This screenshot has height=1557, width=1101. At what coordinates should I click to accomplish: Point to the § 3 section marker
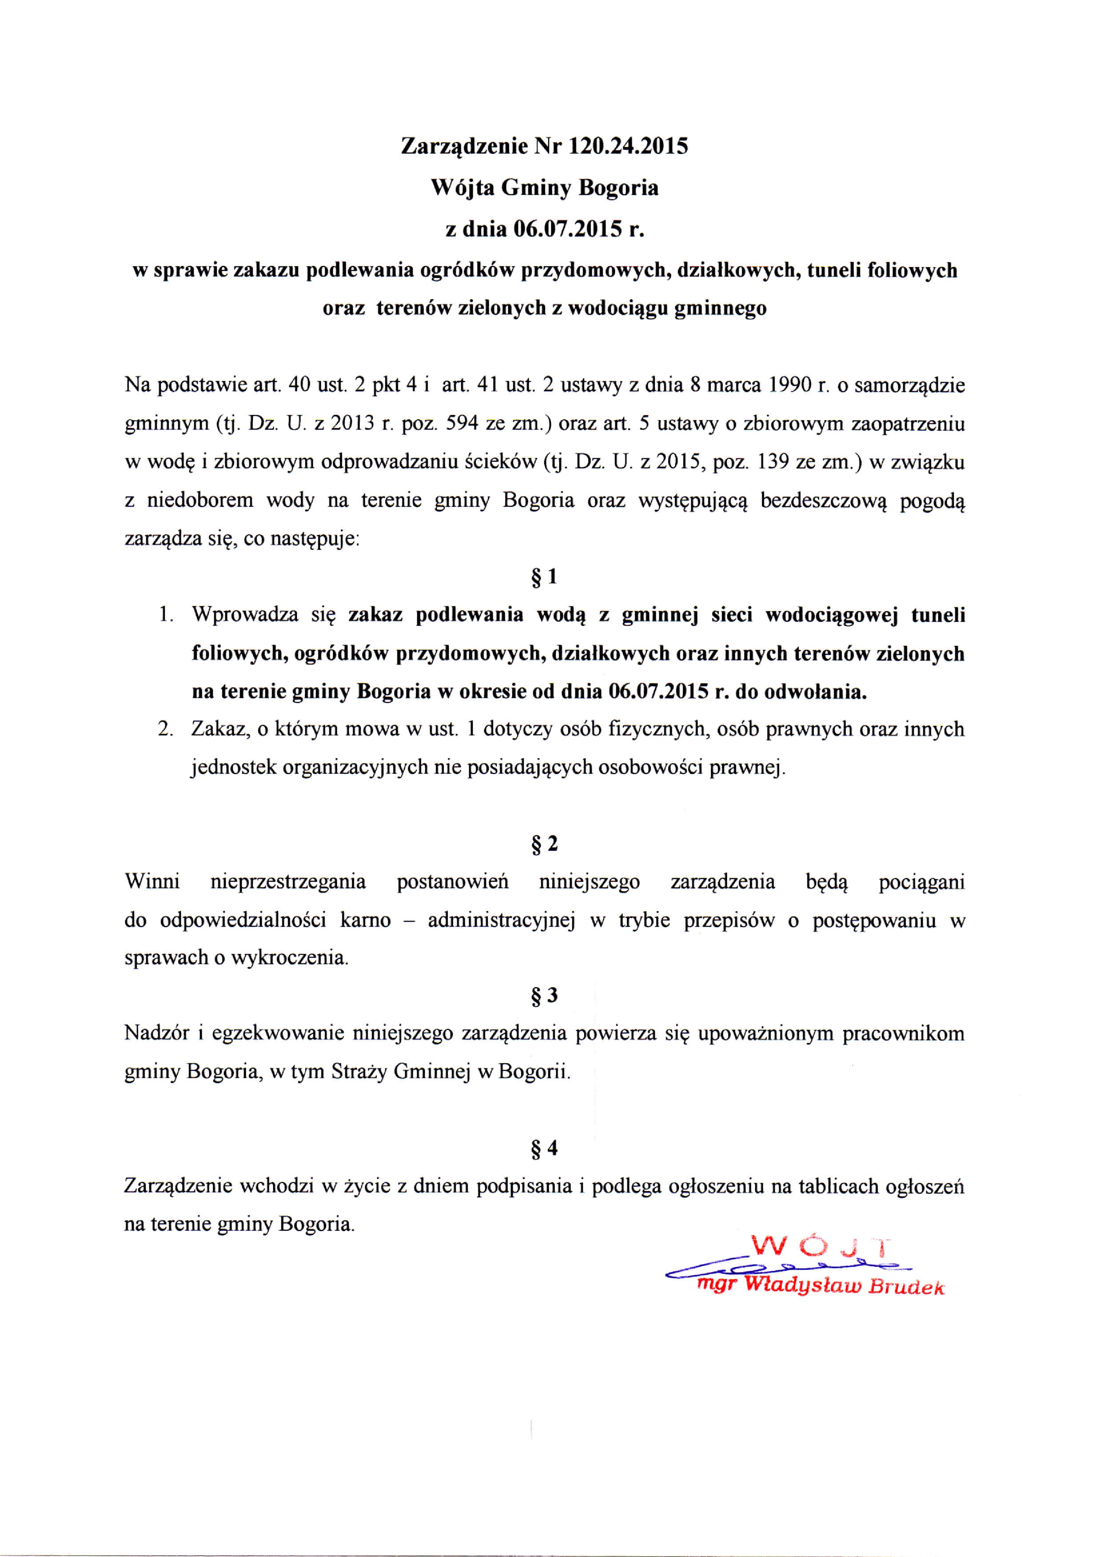coord(543,996)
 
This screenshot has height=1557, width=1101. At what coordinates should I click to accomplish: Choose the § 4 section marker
coord(543,1148)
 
